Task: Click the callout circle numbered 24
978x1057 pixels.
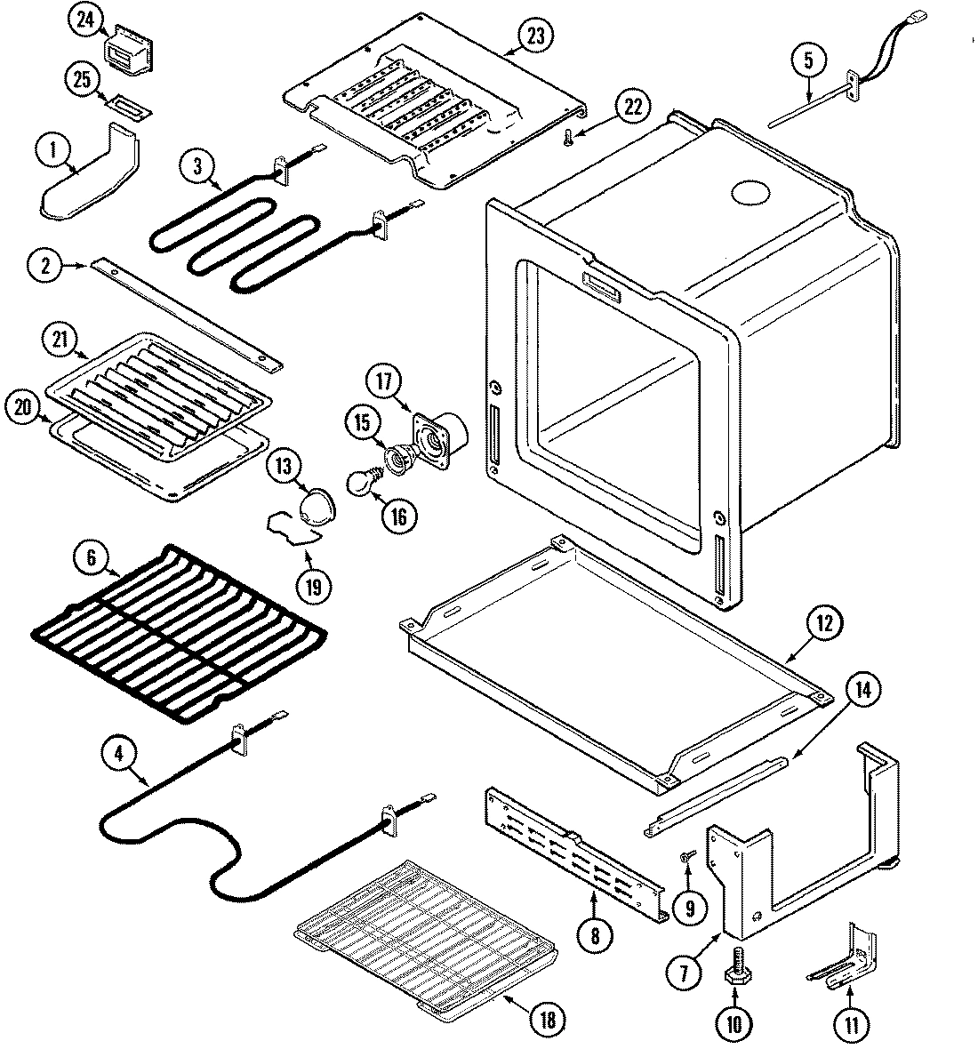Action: tap(85, 21)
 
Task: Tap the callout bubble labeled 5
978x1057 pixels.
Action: tap(808, 61)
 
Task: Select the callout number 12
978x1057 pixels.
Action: tap(823, 623)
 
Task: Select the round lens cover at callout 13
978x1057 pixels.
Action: tap(315, 508)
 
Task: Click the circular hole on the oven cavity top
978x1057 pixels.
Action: tap(749, 193)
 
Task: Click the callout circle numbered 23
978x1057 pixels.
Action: tap(536, 36)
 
